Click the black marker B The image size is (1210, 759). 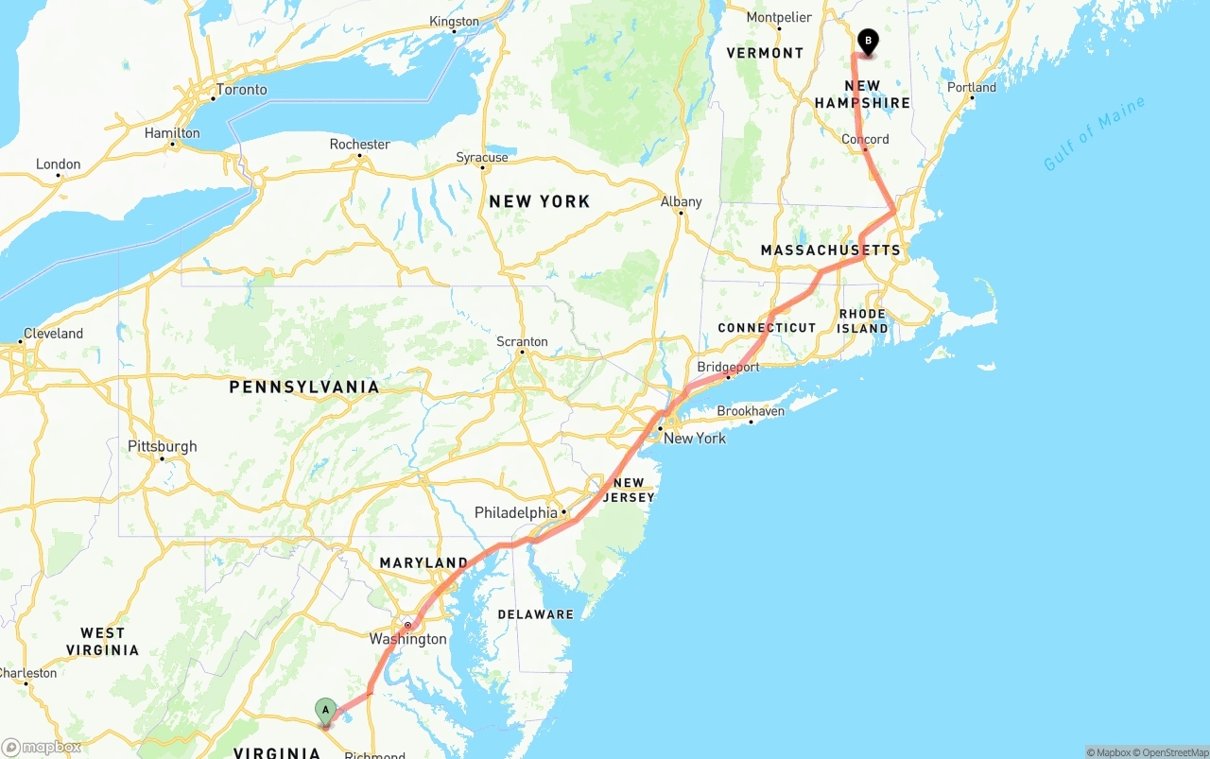point(867,42)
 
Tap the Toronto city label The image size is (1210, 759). point(241,90)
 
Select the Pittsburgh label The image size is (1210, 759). point(163,446)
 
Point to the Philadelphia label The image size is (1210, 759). point(516,512)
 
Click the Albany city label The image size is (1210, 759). point(681,201)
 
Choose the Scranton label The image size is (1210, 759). point(522,341)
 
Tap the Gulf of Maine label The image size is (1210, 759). point(1094,133)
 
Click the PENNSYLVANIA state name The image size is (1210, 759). point(304,387)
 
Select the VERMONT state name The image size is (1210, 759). point(765,53)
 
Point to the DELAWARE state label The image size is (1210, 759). point(536,614)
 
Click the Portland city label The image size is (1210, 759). point(972,87)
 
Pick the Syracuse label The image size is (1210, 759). point(482,157)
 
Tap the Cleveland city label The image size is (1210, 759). point(53,334)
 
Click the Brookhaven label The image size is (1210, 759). point(751,411)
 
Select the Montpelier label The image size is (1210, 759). point(779,17)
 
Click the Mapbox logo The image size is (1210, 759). point(42,747)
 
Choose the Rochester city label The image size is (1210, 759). point(359,145)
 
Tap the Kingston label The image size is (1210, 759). point(454,22)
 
